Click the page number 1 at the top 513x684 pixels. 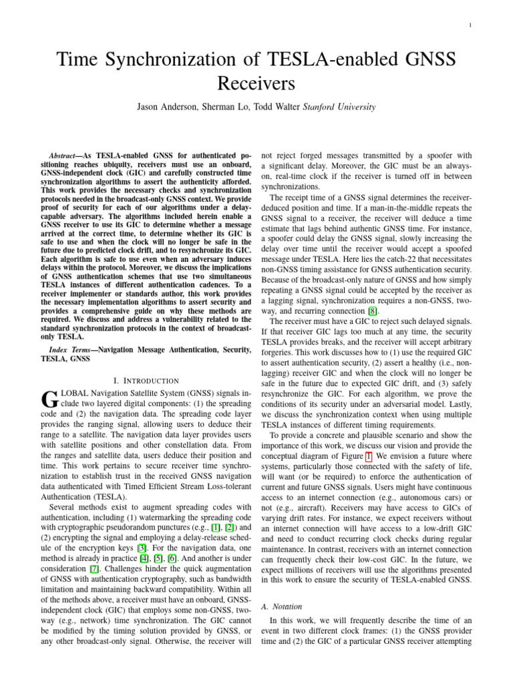click(x=471, y=26)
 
